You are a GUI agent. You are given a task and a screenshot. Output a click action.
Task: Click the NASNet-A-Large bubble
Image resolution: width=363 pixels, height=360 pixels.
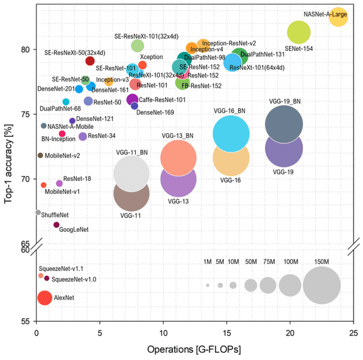[x=338, y=18]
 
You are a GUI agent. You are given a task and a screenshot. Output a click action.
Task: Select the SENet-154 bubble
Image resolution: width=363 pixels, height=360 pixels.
[x=299, y=32]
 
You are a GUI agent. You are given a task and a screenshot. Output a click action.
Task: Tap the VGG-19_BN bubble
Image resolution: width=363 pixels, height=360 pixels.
[x=283, y=124]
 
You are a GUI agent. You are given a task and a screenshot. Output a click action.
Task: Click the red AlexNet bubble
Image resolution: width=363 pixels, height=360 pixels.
[x=45, y=298]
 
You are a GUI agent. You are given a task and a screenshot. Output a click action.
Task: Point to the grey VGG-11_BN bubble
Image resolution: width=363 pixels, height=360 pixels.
[x=131, y=174]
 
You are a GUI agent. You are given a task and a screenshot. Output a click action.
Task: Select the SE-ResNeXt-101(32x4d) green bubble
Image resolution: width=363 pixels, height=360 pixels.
[x=137, y=45]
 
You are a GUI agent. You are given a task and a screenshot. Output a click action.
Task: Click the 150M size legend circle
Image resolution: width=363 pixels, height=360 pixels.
[x=322, y=285]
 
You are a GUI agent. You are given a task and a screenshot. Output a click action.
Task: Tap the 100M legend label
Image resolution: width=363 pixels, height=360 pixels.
[x=291, y=261]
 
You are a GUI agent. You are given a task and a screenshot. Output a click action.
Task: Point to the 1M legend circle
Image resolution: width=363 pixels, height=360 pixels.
[x=208, y=285]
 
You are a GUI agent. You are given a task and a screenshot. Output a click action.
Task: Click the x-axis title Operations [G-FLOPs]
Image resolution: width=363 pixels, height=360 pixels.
[x=194, y=349]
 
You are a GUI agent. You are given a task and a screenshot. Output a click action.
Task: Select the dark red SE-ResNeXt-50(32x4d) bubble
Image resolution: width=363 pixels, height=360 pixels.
[x=90, y=61]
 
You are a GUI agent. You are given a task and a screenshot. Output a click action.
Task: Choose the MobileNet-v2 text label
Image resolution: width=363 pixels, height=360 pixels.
[x=62, y=155]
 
